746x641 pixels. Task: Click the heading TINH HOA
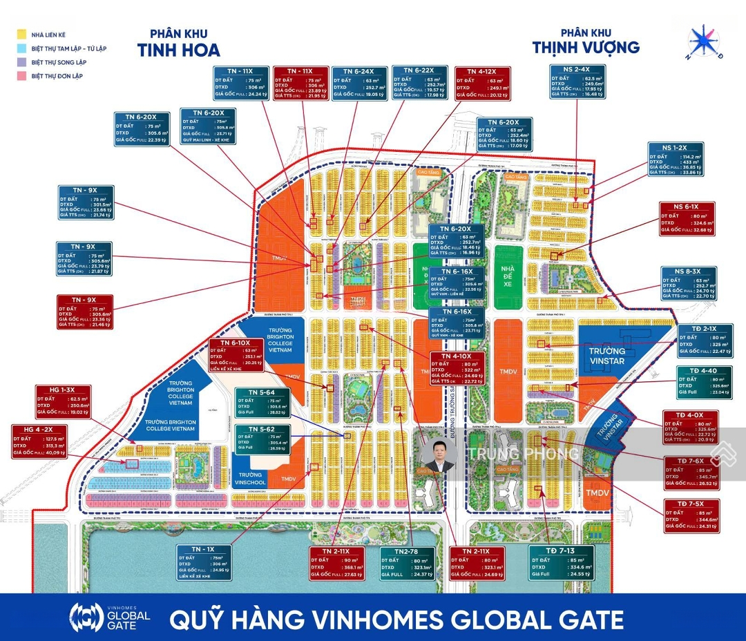click(x=178, y=50)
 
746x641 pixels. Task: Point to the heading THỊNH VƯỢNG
click(x=586, y=47)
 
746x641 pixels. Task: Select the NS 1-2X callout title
click(x=676, y=148)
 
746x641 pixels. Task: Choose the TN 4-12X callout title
click(x=482, y=72)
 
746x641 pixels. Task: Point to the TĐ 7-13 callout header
click(x=561, y=550)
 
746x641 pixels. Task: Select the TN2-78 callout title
click(x=408, y=551)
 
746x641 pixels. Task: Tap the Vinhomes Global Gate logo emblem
click(x=86, y=617)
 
